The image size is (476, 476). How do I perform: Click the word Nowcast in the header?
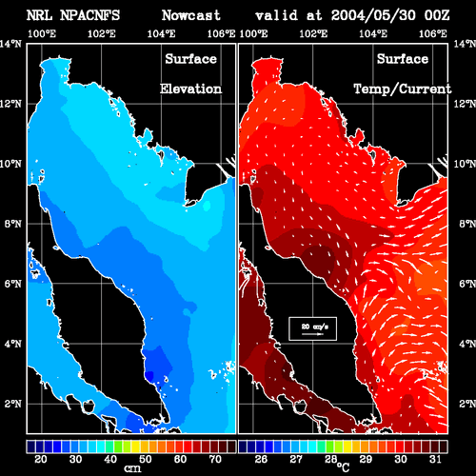point(190,15)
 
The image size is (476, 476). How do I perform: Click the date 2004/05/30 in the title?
point(373,15)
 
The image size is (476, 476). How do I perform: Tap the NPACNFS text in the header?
point(89,15)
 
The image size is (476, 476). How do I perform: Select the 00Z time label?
point(437,15)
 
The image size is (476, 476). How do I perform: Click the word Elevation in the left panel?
point(190,89)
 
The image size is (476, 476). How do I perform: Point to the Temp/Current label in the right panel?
point(403,89)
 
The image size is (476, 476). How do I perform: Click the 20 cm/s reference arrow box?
point(312,328)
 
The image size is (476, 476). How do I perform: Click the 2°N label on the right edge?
point(467,404)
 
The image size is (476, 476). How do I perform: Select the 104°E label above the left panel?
point(161,33)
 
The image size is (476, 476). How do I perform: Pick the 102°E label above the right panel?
point(313,33)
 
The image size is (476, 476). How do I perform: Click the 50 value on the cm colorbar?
point(146,459)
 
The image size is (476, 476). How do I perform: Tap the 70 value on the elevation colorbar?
point(215,459)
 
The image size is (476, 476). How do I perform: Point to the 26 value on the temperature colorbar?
point(261,459)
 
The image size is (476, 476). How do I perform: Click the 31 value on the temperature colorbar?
point(435,459)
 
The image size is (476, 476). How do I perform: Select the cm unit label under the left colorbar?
point(132,468)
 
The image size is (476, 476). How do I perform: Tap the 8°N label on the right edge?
point(467,224)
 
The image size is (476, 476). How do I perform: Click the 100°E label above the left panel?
point(42,33)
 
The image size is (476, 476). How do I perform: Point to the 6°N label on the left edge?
point(12,284)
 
